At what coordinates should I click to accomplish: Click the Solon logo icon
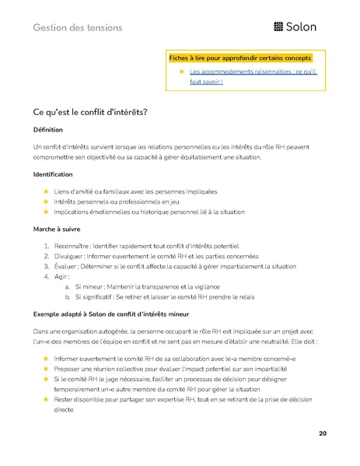click(279, 27)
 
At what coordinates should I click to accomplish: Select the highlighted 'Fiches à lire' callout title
click(239, 58)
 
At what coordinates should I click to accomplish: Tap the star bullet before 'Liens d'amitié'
click(46, 191)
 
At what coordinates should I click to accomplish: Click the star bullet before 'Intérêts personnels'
click(46, 201)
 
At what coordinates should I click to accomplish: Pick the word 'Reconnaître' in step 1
click(73, 247)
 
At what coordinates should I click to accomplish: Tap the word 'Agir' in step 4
click(61, 276)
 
